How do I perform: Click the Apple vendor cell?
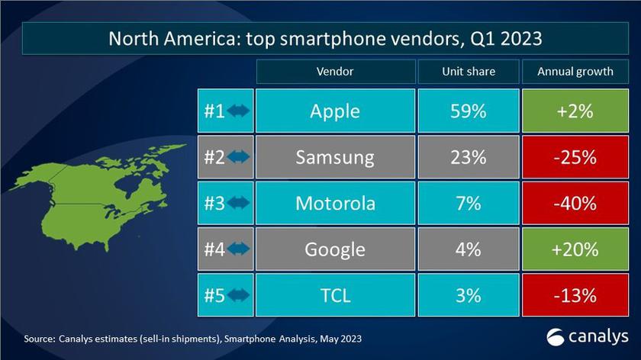click(335, 111)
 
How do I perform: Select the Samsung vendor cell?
click(335, 157)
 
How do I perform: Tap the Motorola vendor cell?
click(335, 204)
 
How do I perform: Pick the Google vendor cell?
click(335, 249)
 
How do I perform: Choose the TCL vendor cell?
click(335, 295)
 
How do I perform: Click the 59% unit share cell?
click(469, 111)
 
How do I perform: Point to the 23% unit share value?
click(469, 157)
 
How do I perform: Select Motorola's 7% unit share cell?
click(469, 204)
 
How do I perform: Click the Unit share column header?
click(469, 72)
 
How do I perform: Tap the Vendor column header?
click(335, 72)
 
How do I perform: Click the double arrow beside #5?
click(238, 295)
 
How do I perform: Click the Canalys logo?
click(588, 336)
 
